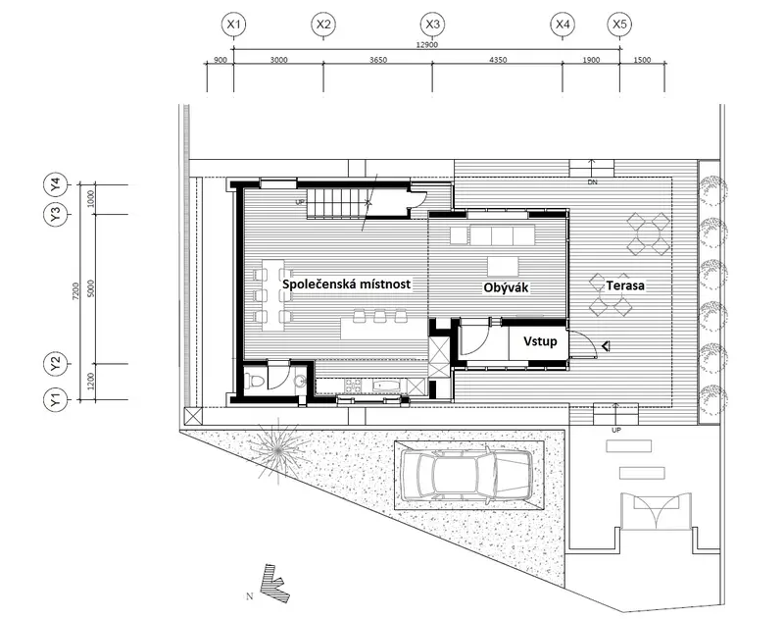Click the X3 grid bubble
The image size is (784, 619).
432,24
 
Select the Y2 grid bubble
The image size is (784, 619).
56,364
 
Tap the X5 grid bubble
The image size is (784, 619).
619,24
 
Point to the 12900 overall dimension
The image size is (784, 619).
426,44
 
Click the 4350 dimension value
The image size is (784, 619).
498,60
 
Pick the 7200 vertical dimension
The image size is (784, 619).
76,290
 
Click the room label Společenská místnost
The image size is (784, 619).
347,284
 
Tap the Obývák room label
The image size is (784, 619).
506,287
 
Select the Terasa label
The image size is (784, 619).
625,285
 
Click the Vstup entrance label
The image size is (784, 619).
540,341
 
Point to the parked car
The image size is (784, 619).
468,475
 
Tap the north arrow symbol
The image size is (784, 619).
274,584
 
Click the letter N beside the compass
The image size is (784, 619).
250,596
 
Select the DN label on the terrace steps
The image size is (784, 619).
592,182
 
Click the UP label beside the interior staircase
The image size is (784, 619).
300,203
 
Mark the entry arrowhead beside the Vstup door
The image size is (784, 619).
606,345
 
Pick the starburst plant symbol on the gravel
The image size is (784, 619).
278,450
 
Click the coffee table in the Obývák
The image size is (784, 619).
503,266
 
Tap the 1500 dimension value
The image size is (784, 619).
642,60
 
